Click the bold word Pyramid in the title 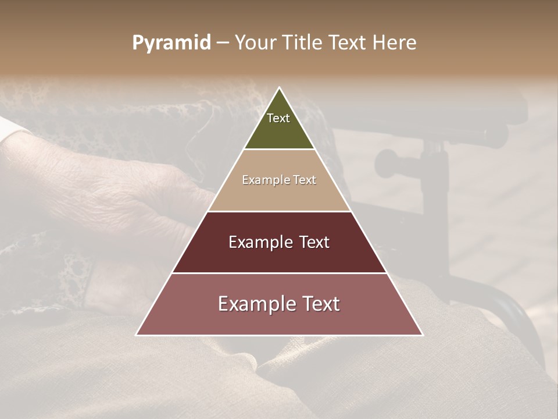(x=171, y=43)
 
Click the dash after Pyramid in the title (x=223, y=43)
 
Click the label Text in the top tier (x=278, y=118)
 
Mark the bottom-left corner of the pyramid (x=137, y=335)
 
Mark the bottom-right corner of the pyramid (x=423, y=335)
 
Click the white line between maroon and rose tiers (x=279, y=273)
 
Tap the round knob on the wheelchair (x=387, y=164)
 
